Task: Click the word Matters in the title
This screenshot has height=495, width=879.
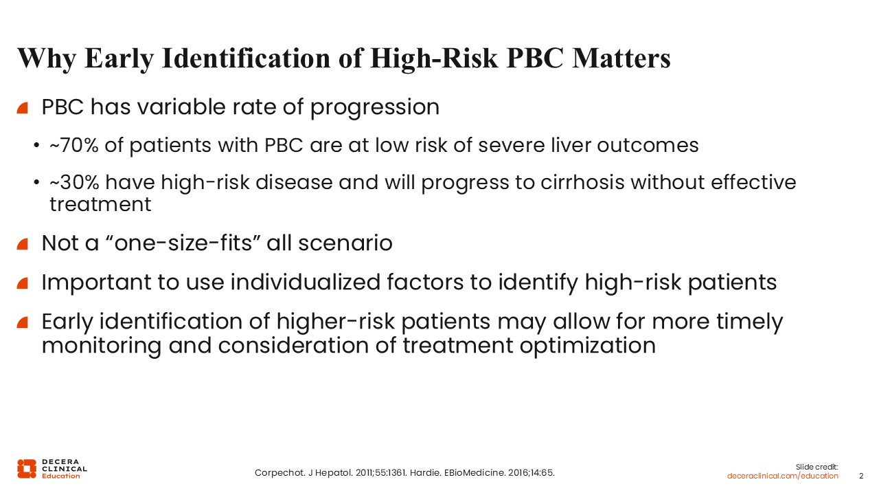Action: tap(621, 58)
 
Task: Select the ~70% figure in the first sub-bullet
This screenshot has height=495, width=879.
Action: tap(74, 145)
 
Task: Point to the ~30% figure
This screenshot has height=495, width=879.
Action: tap(74, 182)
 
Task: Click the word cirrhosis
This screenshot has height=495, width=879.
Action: tap(582, 182)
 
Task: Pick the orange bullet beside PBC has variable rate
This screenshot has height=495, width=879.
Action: tap(23, 108)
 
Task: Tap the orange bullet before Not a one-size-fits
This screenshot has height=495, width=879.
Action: tap(23, 244)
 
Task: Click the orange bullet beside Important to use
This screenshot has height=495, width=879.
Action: tap(23, 283)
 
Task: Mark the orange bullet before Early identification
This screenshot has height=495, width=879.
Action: tap(23, 322)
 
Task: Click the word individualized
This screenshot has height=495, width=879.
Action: tap(306, 282)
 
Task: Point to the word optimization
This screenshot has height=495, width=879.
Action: tap(588, 346)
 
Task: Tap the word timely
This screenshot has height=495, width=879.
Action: tap(749, 322)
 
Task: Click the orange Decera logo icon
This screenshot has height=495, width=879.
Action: tap(27, 469)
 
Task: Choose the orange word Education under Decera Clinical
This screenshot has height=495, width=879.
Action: tap(61, 476)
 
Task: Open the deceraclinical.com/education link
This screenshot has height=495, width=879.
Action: tap(782, 476)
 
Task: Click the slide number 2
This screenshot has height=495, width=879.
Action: tap(861, 476)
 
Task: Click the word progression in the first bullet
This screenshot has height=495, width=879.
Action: tap(375, 107)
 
